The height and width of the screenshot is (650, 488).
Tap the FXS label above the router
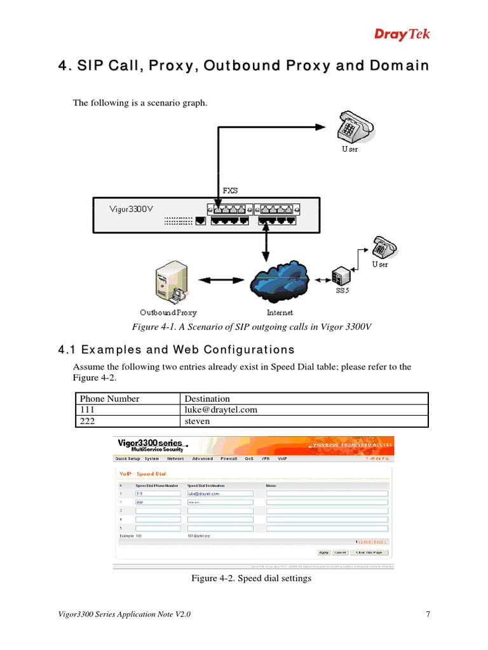tap(229, 190)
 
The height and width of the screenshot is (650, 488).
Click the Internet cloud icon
tap(280, 282)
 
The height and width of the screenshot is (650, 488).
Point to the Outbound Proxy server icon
tap(168, 283)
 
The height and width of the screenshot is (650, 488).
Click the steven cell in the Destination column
tap(196, 421)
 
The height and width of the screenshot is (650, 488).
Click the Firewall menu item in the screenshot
tap(229, 458)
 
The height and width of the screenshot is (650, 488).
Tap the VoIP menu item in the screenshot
tap(281, 458)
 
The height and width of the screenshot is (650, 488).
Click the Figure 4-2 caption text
tap(252, 579)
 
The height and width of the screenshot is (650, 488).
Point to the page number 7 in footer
tap(428, 614)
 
